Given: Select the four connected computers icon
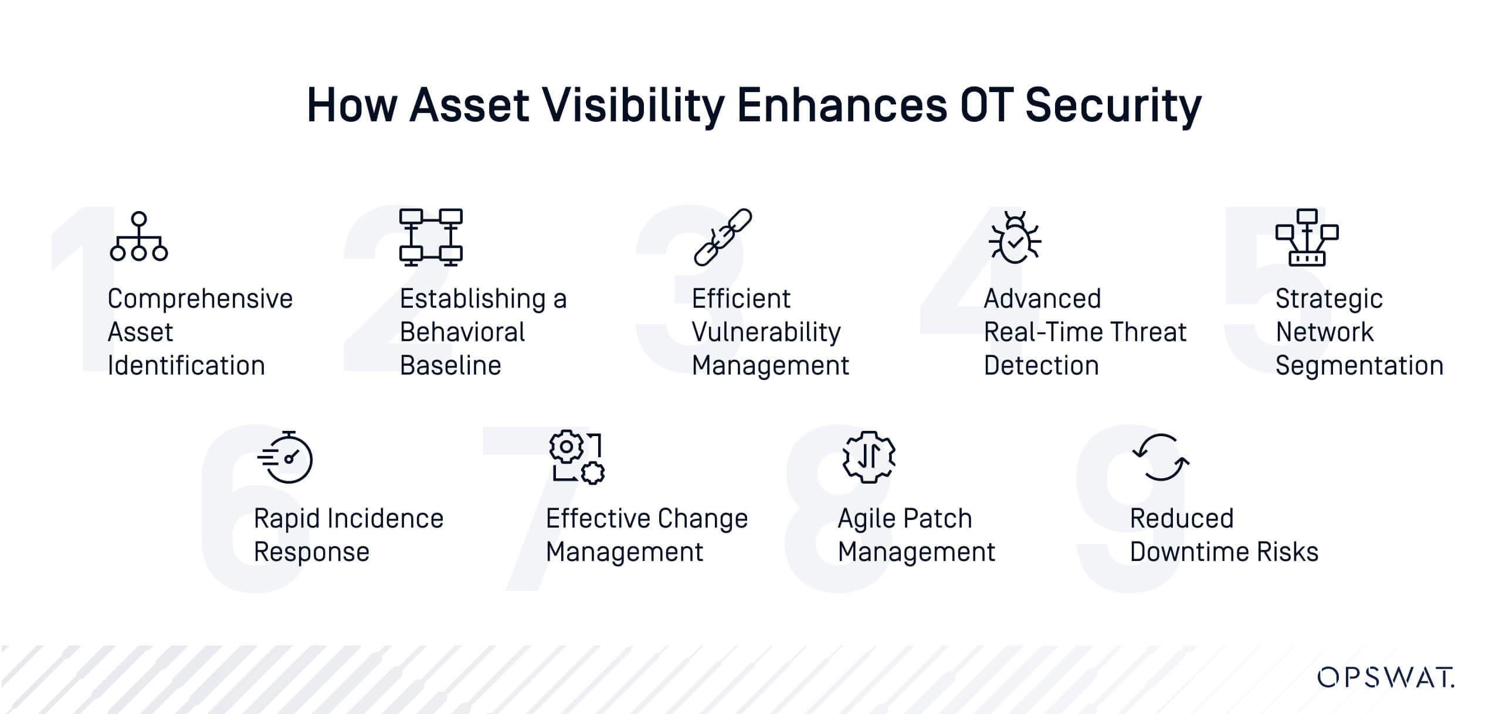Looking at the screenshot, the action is [431, 237].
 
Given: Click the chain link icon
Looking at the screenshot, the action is [723, 237].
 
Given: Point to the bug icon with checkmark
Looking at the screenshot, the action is [1015, 237].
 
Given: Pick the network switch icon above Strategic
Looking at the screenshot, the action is [1307, 237].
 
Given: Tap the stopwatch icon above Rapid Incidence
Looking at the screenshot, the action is [285, 457].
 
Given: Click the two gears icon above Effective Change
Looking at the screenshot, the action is [577, 457].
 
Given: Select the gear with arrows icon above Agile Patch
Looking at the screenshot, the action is [869, 457].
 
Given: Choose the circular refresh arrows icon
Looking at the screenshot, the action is [1161, 457].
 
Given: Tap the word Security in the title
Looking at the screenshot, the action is [1113, 106].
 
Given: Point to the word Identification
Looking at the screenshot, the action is [186, 365].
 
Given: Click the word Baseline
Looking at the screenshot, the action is [450, 365].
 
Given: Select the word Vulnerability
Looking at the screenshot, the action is [766, 332].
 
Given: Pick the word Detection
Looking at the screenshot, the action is [1041, 365].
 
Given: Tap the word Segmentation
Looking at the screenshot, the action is [1359, 366].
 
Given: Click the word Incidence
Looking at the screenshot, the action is [385, 519].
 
